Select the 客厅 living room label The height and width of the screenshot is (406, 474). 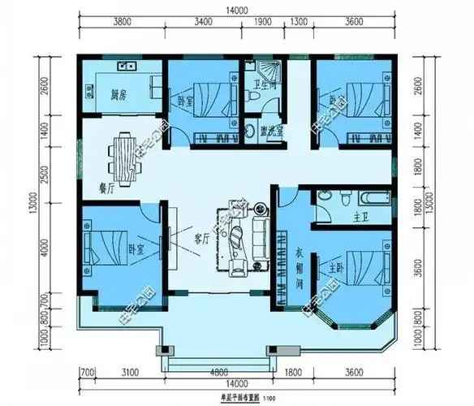coord(201,238)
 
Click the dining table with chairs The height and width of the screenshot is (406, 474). coord(123,158)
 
